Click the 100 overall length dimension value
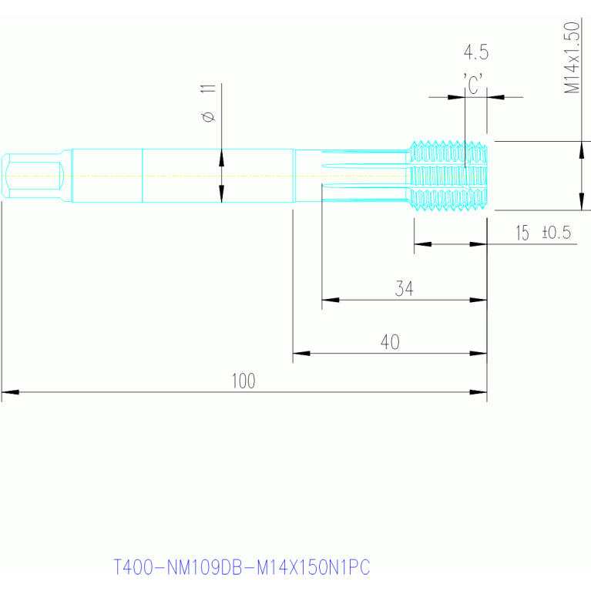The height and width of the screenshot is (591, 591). [243, 381]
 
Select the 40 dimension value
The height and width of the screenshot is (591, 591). [390, 342]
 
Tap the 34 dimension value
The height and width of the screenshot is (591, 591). [405, 288]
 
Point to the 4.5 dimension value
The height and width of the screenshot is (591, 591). [476, 52]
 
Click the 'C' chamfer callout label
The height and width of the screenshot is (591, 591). [473, 84]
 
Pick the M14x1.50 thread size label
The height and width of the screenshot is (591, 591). [572, 58]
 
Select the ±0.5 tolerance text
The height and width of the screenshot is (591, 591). [556, 232]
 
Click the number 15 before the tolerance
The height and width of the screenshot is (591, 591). [522, 233]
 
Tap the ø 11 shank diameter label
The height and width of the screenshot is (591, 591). [209, 103]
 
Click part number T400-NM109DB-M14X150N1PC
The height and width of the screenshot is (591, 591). [242, 567]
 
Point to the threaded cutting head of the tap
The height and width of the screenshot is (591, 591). [448, 176]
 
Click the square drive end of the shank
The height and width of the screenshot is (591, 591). [33, 176]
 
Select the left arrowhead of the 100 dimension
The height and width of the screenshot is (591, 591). [10, 392]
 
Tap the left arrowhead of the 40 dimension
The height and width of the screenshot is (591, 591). [301, 353]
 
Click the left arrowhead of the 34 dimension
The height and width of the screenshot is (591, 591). [331, 300]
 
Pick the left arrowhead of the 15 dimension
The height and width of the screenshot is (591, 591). [423, 243]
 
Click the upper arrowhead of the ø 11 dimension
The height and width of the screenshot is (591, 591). [222, 158]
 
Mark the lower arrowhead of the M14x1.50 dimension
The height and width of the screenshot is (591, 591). [582, 202]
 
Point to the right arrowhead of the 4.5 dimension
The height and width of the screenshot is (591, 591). [495, 97]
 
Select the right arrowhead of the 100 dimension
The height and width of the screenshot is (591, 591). [479, 392]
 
